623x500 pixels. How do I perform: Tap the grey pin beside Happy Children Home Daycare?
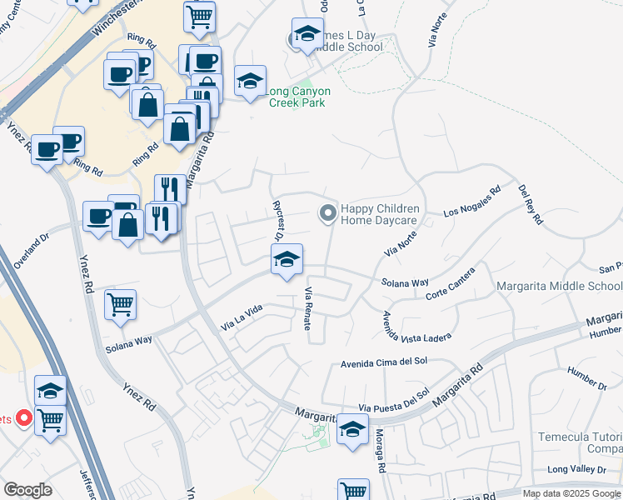[327, 215]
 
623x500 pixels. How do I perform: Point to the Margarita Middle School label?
[559, 287]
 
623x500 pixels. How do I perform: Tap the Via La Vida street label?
[242, 316]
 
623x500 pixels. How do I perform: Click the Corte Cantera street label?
[450, 285]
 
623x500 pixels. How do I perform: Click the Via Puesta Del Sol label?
[394, 400]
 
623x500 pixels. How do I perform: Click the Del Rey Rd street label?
[530, 205]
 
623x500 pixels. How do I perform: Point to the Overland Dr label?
[32, 249]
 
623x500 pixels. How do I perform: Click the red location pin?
[25, 417]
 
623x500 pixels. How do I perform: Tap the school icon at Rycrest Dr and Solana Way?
[287, 260]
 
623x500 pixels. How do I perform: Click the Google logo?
[28, 490]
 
